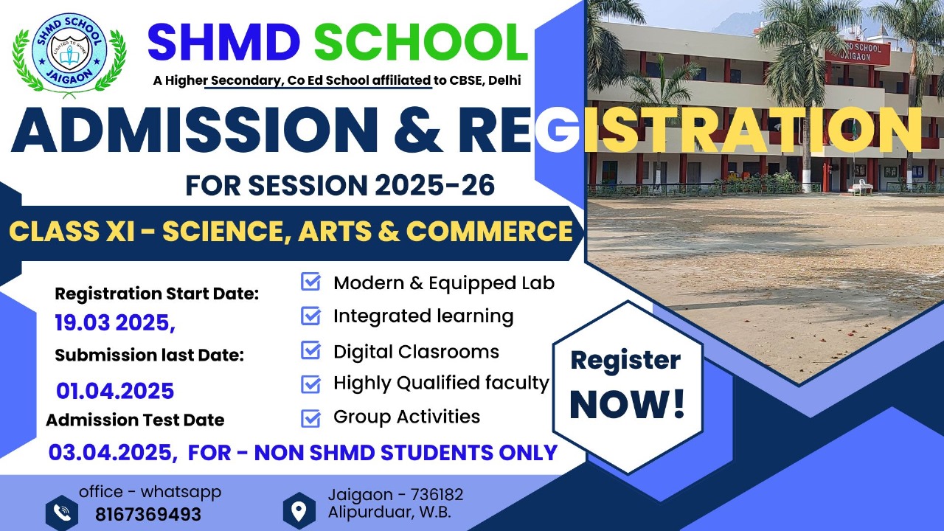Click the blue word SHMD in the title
click(225, 44)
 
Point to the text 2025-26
click(434, 185)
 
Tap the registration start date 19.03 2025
click(115, 323)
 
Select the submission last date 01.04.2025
click(115, 390)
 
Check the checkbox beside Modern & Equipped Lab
click(311, 282)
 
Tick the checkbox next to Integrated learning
click(311, 316)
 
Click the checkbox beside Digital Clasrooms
click(311, 351)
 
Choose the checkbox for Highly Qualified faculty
click(311, 384)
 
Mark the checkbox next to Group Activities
click(311, 418)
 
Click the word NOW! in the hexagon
click(627, 404)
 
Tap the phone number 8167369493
click(147, 514)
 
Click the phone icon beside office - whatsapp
click(61, 511)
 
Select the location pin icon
click(299, 510)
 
